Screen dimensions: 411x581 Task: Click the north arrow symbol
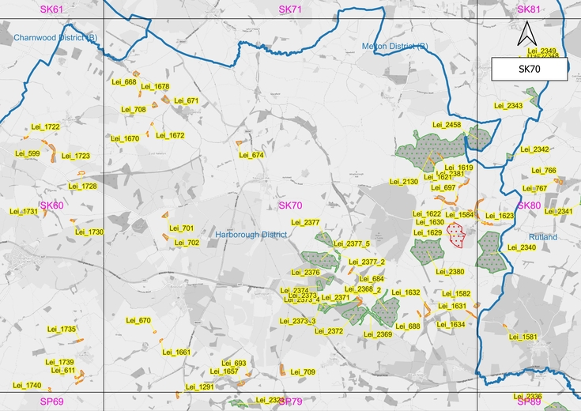coord(527,35)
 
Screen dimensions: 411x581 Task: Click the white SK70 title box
coord(528,70)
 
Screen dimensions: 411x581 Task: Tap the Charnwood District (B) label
coord(55,37)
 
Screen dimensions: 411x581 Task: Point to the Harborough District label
coord(251,235)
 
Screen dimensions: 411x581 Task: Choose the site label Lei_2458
coord(447,125)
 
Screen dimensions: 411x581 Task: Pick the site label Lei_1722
coord(46,127)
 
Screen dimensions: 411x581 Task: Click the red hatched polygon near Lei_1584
coord(455,234)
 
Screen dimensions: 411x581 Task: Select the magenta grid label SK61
coord(53,9)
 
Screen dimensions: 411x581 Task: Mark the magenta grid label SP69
coord(51,402)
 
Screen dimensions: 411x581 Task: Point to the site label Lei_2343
coord(508,105)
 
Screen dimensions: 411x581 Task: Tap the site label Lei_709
coord(302,371)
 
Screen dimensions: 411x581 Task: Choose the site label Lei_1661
coord(177,353)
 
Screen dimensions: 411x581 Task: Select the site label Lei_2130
coord(404,182)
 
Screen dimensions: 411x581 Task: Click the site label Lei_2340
coord(523,247)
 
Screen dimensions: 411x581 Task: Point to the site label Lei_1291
coord(199,387)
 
